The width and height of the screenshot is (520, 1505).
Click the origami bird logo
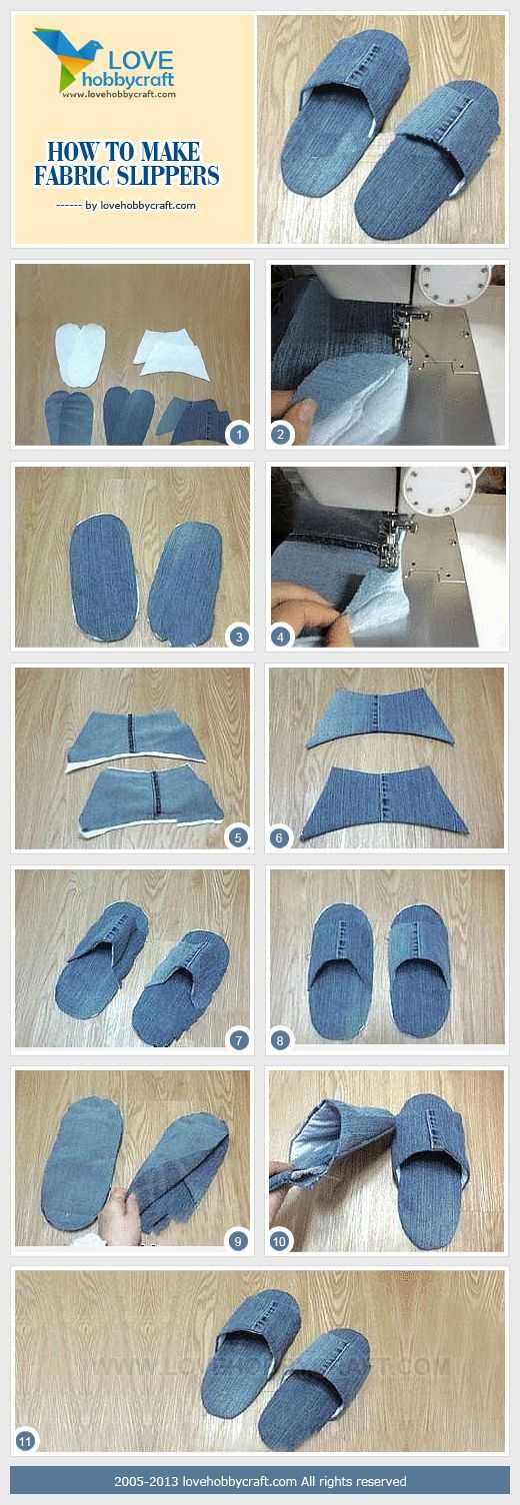pos(66,58)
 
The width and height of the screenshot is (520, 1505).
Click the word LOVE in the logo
pos(141,60)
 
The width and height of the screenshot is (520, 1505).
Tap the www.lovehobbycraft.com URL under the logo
pos(119,95)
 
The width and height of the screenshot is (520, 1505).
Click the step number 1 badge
pos(238,435)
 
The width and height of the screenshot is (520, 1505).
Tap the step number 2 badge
pos(281,435)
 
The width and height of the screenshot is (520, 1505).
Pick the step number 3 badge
pos(238,637)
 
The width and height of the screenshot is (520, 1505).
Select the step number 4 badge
pos(281,637)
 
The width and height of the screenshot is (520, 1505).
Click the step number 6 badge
pos(279,837)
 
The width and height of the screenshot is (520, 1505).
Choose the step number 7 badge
pos(238,1040)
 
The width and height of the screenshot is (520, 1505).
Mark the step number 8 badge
pos(280,1040)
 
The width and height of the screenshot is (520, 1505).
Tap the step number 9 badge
pos(237,1241)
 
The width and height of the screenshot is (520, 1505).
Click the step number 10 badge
pos(280,1241)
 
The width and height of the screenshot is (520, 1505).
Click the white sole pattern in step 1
pos(80,354)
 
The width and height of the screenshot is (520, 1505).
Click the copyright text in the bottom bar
pos(260,1481)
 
